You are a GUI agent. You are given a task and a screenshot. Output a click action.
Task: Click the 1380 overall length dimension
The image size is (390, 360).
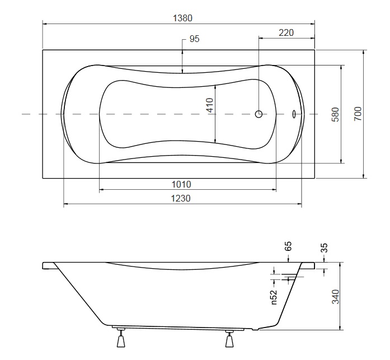[x=182, y=18]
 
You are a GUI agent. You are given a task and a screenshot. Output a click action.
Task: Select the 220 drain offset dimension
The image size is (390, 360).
[x=286, y=32]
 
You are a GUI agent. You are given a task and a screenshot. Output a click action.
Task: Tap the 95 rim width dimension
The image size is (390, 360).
[x=194, y=39]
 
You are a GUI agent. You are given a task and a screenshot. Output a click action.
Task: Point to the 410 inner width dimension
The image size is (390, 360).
[x=210, y=105]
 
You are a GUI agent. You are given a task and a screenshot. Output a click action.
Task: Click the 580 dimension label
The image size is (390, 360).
[x=336, y=114]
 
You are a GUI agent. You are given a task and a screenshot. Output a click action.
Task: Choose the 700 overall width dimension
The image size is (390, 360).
[x=358, y=114]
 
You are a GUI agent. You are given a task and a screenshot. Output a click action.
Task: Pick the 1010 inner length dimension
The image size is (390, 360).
[x=181, y=184]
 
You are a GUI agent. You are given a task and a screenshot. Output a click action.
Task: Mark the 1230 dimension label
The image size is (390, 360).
[x=181, y=198]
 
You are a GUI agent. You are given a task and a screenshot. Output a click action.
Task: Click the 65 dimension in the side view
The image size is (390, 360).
[x=288, y=246]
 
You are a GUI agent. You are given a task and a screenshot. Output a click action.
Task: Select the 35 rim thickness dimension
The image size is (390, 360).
[x=325, y=248]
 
